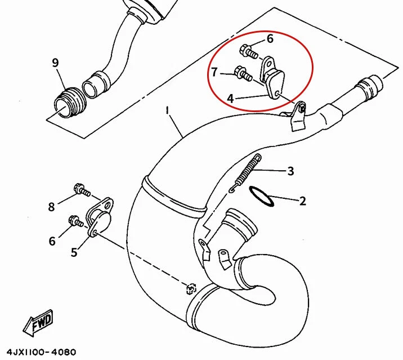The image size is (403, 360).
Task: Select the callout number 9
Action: pos(55,63)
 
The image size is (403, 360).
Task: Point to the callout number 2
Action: pos(302,201)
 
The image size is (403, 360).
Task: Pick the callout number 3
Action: pos(290,171)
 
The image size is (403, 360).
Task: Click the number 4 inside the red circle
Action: pos(230,97)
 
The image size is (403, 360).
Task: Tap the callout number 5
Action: pos(74,253)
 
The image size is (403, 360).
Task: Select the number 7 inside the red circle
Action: pos(214,72)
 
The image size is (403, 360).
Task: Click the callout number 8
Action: pos(51,207)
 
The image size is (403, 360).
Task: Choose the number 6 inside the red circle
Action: pos(270,39)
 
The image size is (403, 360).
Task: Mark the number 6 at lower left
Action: pos(52,241)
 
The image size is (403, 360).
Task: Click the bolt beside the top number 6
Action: pos(248,52)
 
